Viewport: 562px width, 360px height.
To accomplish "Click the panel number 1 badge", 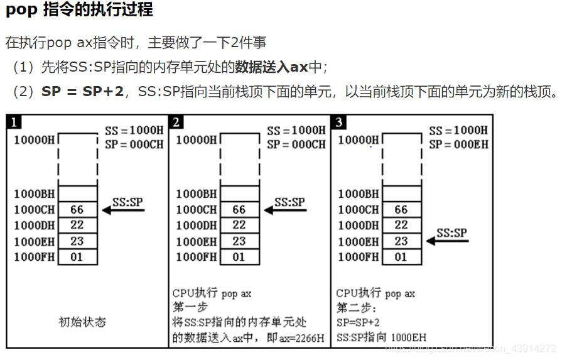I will pos(14,122).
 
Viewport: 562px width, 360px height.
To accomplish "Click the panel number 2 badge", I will pos(176,122).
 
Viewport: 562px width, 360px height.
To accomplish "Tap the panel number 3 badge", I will pos(339,122).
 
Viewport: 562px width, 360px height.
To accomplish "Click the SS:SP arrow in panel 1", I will pos(124,209).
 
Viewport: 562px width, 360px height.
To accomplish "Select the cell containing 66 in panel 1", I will pos(77,210).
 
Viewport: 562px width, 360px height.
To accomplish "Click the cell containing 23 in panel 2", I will pos(239,241).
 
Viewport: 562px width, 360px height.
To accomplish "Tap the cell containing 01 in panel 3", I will pos(401,257).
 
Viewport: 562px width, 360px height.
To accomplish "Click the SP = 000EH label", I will pos(458,145).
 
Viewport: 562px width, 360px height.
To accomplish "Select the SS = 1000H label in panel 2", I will pos(296,131).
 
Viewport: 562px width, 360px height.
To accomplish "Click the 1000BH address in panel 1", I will pos(35,194).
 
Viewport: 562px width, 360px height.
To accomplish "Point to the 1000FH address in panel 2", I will pos(197,257).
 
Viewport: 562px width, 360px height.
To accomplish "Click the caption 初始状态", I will pos(82,322).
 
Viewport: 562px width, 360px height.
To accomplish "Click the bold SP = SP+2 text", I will pos(82,92).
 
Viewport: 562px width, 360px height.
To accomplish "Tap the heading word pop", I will pos(21,11).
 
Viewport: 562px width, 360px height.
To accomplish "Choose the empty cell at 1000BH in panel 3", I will pos(401,194).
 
